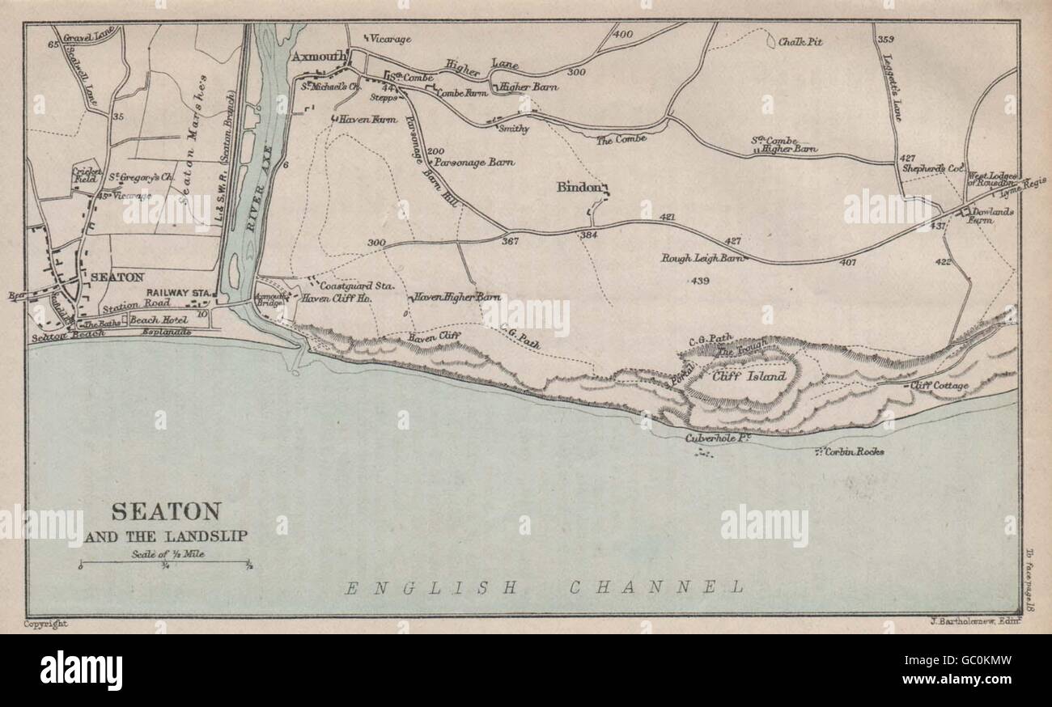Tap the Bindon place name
click(x=579, y=187)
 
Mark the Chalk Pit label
click(x=800, y=41)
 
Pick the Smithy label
click(x=514, y=128)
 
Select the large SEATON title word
click(x=165, y=511)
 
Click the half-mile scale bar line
click(x=165, y=561)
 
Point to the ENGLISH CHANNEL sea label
click(x=543, y=588)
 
